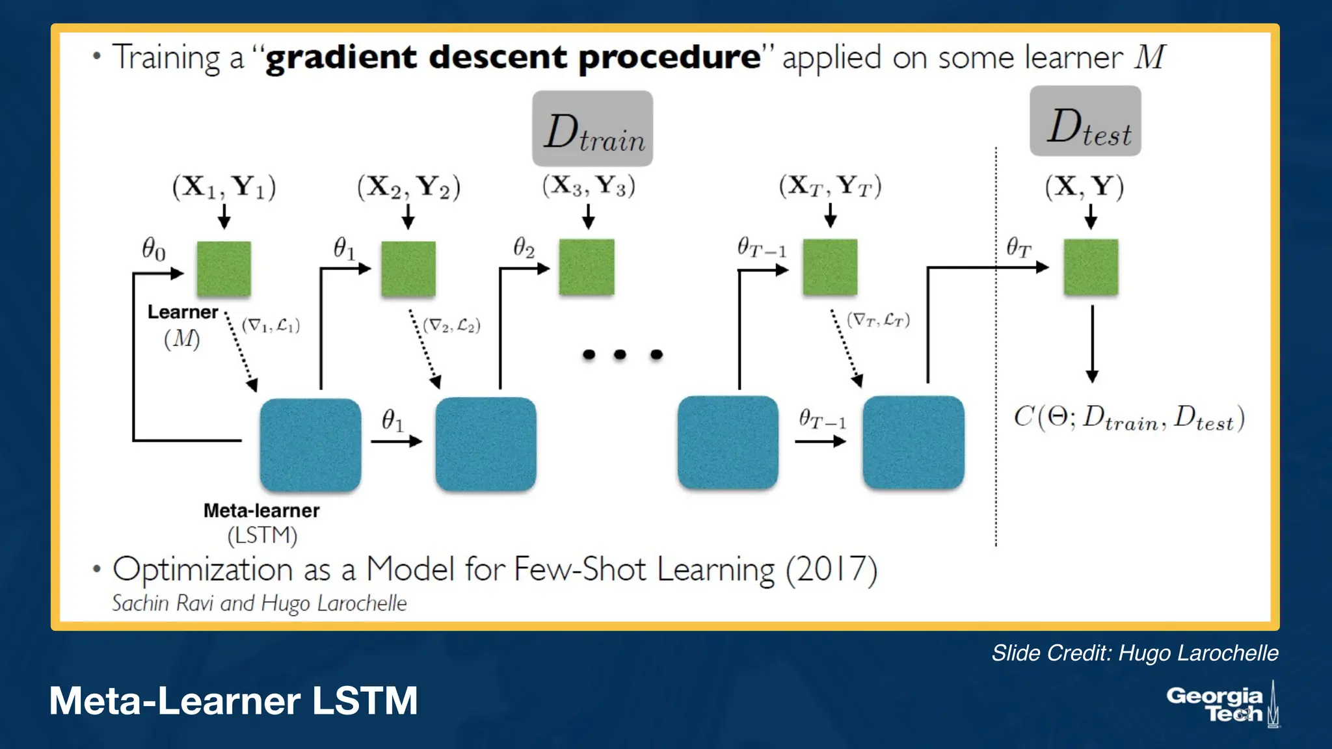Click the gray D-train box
(x=592, y=128)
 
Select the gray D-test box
(x=1085, y=122)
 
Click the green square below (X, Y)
(x=1091, y=267)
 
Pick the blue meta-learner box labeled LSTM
(x=310, y=445)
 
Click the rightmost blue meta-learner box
(x=913, y=443)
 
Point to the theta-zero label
(x=154, y=248)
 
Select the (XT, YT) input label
(x=830, y=187)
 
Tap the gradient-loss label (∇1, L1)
(x=271, y=325)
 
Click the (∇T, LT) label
(x=878, y=320)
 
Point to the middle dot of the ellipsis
(x=620, y=354)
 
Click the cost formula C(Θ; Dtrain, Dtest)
(x=1129, y=418)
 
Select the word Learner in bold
(x=183, y=312)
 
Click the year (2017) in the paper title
(x=831, y=570)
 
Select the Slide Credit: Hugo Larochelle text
(x=1134, y=653)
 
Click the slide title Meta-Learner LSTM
(x=233, y=701)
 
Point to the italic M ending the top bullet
(x=1150, y=57)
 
